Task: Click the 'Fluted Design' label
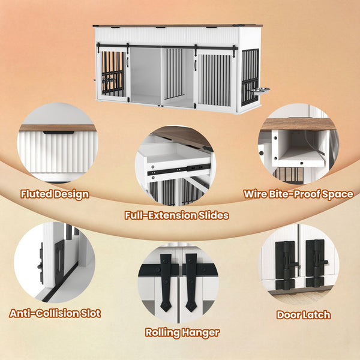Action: pyautogui.click(x=55, y=194)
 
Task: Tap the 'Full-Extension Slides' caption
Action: pyautogui.click(x=176, y=215)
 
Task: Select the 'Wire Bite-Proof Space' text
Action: pyautogui.click(x=298, y=194)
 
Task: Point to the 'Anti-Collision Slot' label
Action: pyautogui.click(x=55, y=313)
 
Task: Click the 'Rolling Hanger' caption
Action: pyautogui.click(x=182, y=332)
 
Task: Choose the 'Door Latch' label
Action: pyautogui.click(x=304, y=315)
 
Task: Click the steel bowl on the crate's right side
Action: pyautogui.click(x=259, y=89)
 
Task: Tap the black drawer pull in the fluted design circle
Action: pyautogui.click(x=59, y=133)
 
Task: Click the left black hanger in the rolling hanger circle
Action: pyautogui.click(x=166, y=282)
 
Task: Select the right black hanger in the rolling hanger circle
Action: pyautogui.click(x=191, y=282)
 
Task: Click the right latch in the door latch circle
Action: pyautogui.click(x=316, y=264)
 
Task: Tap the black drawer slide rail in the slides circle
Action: pyautogui.click(x=179, y=170)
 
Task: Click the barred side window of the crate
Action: pyautogui.click(x=250, y=77)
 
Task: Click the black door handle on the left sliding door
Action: pyautogui.click(x=127, y=62)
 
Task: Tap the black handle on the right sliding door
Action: pyautogui.click(x=196, y=65)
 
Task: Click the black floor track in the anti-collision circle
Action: pyautogui.click(x=60, y=283)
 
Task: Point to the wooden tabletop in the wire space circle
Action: pyautogui.click(x=299, y=124)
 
